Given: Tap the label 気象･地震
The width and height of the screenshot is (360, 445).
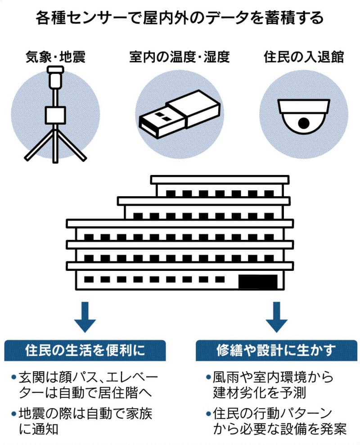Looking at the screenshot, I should click(56, 57).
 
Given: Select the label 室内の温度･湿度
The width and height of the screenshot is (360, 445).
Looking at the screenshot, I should click(179, 57).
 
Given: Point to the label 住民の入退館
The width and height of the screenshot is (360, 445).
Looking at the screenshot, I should click(303, 57).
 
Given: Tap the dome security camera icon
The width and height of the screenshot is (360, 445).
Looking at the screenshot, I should click(304, 115).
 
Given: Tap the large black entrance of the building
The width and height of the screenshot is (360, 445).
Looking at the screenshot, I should click(257, 281).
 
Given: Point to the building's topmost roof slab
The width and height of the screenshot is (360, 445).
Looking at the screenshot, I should click(219, 180).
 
